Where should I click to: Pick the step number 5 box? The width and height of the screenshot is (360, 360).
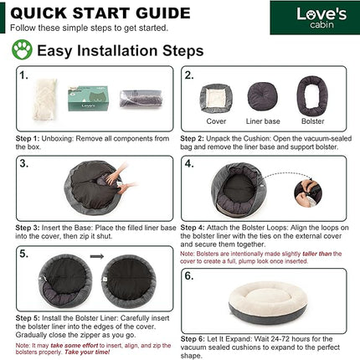tap(26, 250)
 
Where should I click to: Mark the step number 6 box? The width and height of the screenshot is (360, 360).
tap(190, 275)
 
